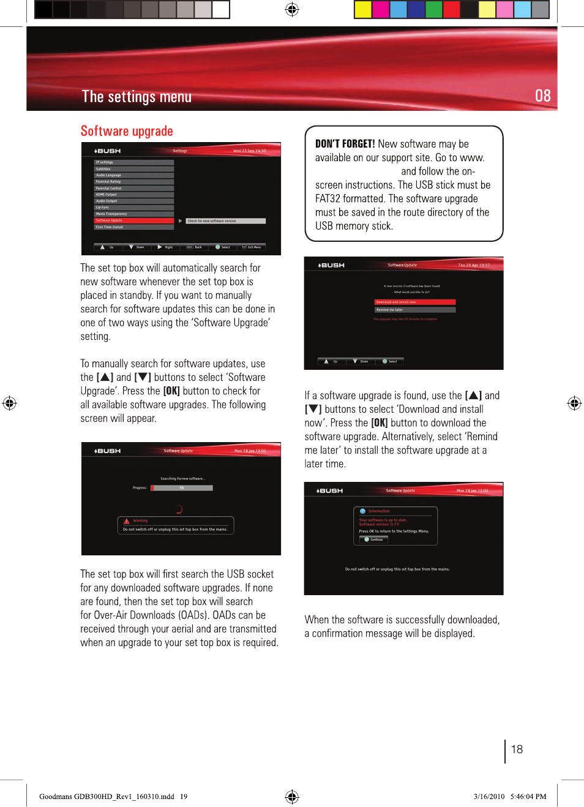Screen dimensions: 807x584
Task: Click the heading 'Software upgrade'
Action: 127,131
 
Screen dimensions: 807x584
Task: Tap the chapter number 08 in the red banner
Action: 542,96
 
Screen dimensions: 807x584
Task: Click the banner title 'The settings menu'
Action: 137,97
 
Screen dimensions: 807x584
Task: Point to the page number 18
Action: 517,749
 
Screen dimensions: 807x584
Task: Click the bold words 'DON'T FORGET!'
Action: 345,144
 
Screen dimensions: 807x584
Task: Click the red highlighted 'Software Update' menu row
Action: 133,220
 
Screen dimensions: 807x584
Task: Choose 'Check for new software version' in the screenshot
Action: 225,221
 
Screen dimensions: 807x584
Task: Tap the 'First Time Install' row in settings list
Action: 133,227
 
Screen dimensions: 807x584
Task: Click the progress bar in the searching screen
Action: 182,488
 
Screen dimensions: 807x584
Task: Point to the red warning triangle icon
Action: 127,521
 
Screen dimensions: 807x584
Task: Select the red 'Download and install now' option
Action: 414,302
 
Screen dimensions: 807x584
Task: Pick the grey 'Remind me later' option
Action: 414,310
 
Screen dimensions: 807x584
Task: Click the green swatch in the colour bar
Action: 433,9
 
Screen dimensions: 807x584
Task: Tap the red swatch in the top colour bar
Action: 451,9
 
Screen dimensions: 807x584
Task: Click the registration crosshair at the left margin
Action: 9,403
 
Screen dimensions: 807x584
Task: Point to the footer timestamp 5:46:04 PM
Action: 528,797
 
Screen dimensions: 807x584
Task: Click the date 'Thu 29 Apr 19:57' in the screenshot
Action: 474,265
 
